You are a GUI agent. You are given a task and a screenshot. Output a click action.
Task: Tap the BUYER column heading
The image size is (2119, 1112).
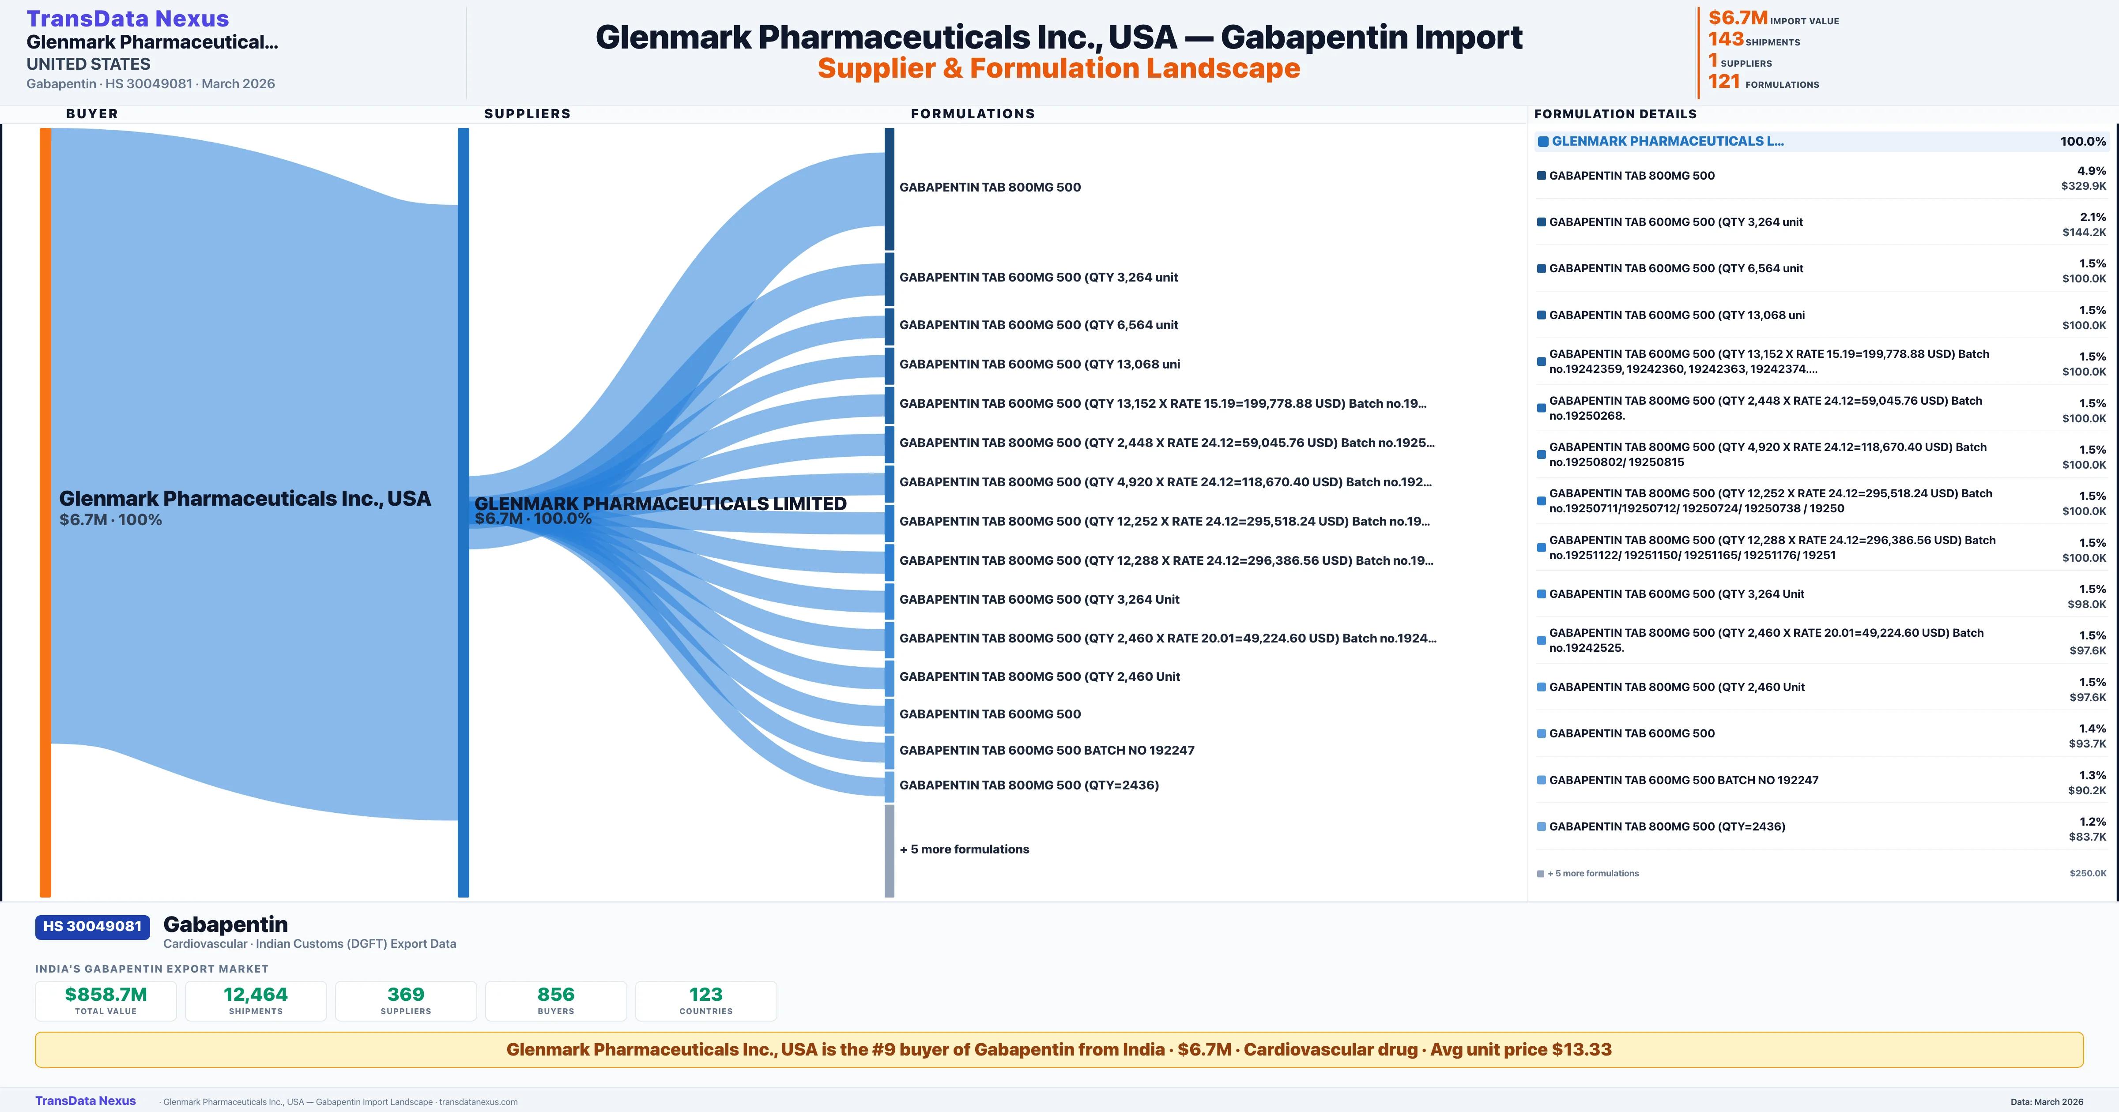92,113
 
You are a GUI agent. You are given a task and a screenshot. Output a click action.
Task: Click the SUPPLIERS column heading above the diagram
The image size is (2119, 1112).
527,113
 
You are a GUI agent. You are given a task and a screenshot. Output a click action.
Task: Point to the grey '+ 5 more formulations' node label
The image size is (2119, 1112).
964,849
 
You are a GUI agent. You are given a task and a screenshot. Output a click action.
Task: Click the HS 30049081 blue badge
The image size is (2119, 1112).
92,926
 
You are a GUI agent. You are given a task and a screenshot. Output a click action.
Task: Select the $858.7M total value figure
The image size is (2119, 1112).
106,994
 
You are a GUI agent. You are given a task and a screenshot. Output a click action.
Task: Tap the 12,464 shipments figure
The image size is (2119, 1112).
256,994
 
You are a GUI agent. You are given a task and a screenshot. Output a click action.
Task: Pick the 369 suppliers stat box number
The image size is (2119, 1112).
406,994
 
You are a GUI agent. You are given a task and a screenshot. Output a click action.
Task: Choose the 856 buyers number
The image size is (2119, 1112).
556,994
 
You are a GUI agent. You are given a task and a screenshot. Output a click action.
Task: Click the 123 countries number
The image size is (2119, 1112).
706,994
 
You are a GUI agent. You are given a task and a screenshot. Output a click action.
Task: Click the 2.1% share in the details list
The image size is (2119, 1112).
2093,217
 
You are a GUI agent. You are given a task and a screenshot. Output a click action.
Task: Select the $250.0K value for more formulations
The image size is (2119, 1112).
2088,873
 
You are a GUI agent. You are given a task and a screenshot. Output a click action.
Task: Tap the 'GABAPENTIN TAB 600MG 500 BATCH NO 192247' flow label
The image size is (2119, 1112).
1046,750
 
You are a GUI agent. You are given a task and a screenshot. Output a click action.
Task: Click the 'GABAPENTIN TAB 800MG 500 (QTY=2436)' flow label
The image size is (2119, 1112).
1029,785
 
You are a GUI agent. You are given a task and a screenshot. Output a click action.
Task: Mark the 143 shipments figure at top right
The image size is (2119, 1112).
1726,39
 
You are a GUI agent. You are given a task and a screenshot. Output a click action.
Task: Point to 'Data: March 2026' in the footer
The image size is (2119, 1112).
2047,1101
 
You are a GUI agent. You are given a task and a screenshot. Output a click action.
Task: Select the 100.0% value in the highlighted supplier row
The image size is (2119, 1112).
2083,142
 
